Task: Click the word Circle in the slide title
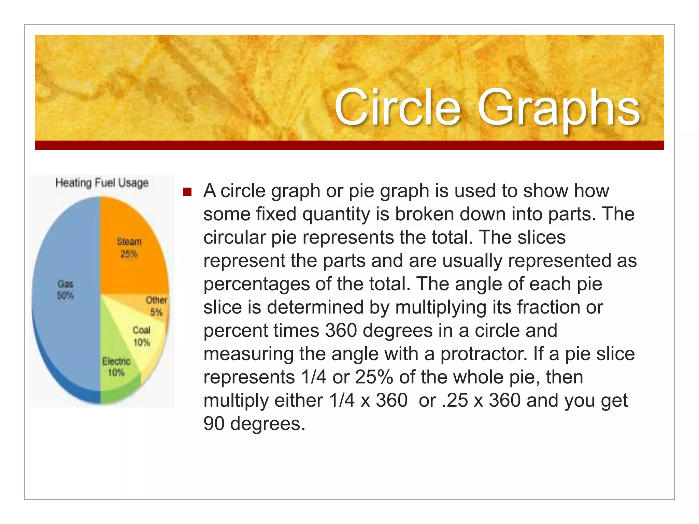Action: coord(398,107)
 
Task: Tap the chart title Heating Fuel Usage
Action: coord(102,183)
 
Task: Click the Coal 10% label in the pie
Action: coord(142,336)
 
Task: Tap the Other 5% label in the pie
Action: coord(156,306)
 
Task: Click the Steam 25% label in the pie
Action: coord(129,248)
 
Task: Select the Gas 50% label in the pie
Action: coord(65,290)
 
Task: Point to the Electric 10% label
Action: coord(116,367)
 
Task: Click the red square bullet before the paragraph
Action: coord(187,192)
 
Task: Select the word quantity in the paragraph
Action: coord(336,214)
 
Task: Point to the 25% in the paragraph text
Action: coord(374,377)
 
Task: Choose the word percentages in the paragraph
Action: coord(256,284)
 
